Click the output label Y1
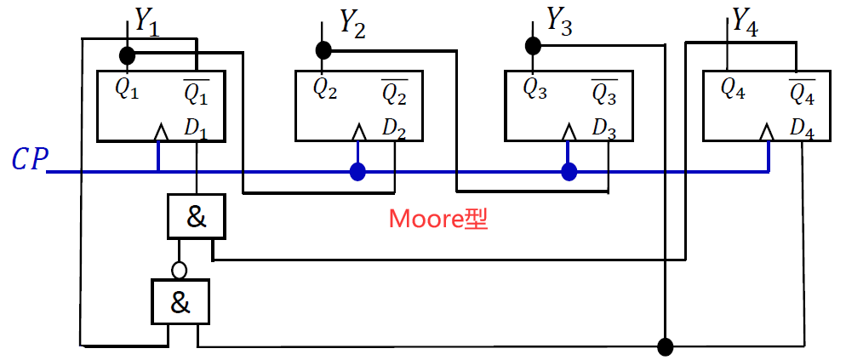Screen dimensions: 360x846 coord(147,23)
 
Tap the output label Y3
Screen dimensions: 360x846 coord(558,20)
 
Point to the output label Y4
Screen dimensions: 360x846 coord(745,23)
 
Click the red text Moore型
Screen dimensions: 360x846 coord(438,219)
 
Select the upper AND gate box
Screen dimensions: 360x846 coord(197,217)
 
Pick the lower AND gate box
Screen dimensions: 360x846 coord(180,302)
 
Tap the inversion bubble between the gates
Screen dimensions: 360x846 coord(179,270)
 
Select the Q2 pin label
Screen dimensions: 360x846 coord(325,88)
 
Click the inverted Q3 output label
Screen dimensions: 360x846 coord(604,90)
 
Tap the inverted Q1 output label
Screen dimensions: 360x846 coord(197,90)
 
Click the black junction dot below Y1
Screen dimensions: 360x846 coord(127,56)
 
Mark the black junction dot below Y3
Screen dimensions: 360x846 coord(533,44)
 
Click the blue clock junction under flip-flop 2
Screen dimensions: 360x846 coord(358,173)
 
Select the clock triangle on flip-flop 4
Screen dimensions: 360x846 coord(767,133)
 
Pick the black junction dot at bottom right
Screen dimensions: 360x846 coord(666,346)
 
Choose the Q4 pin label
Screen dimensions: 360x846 coord(733,88)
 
